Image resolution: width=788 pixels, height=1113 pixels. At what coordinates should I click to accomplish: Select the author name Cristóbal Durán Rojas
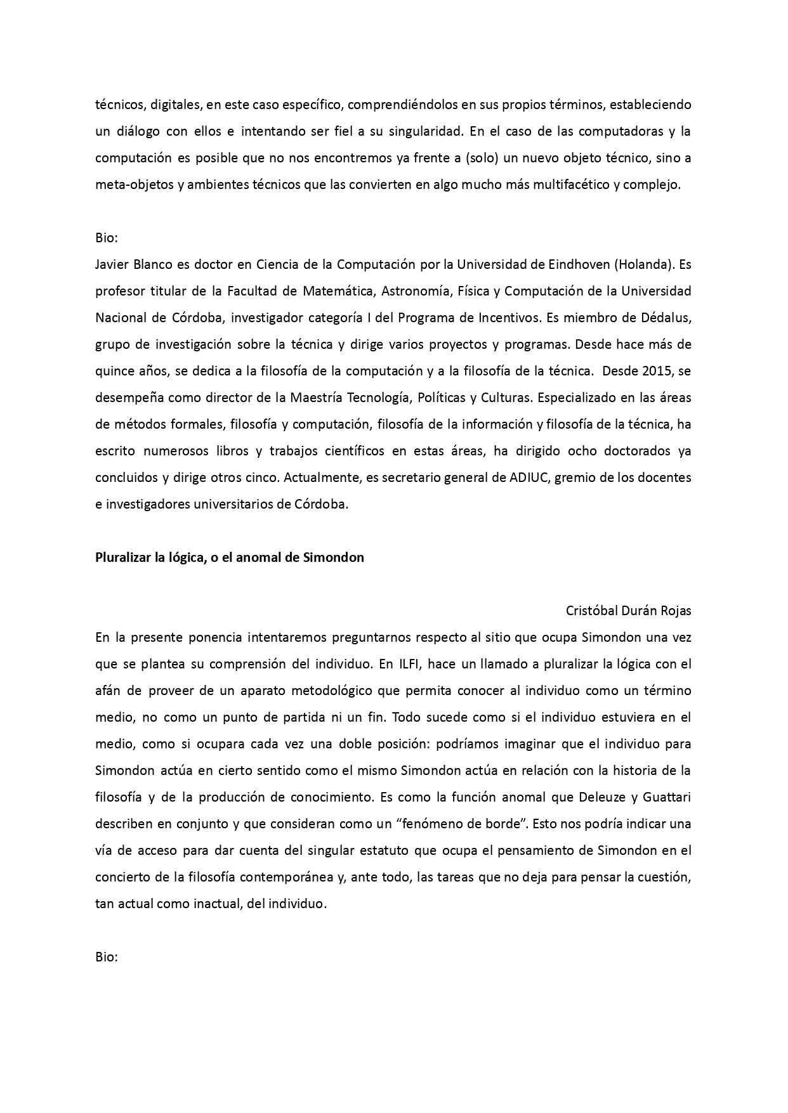(x=628, y=611)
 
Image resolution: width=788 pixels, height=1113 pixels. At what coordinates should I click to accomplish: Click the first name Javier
(x=110, y=264)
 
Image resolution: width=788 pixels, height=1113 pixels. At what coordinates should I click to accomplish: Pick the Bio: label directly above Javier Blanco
(x=107, y=238)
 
